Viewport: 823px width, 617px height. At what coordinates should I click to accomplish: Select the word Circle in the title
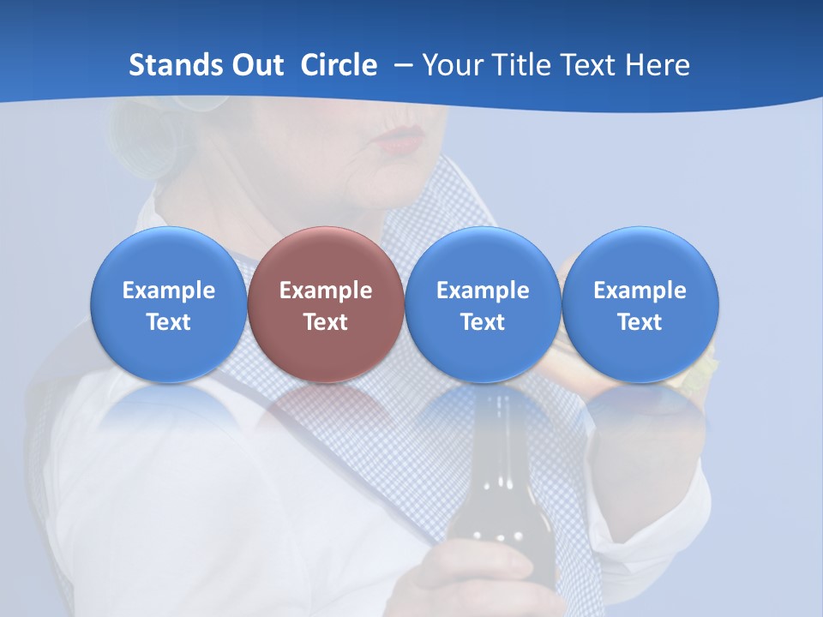(x=339, y=65)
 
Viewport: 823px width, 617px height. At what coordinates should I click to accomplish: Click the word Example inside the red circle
(x=326, y=291)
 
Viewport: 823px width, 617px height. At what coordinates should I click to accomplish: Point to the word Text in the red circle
(x=326, y=322)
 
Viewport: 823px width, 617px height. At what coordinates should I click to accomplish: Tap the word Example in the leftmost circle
(x=168, y=291)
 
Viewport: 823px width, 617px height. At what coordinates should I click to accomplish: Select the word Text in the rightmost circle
(x=640, y=322)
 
